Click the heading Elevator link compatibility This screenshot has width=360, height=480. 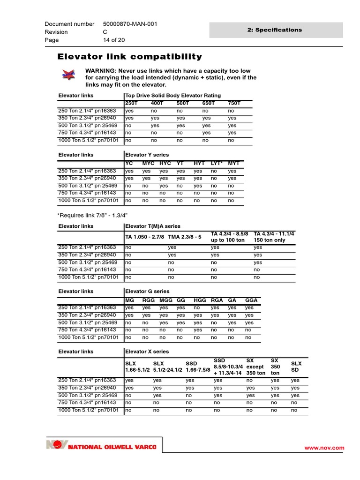click(129, 57)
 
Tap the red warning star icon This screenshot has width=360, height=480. click(68, 74)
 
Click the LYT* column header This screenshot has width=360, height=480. click(216, 163)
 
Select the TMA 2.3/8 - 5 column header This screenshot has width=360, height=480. click(185, 237)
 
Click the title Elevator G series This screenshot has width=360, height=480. click(147, 292)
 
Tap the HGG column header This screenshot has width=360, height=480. click(200, 300)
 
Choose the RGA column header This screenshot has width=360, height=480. click(217, 300)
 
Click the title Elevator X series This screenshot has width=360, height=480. click(147, 352)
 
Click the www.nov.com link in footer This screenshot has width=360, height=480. click(331, 448)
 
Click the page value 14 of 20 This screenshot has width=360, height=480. click(117, 40)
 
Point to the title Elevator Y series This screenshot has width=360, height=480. click(147, 155)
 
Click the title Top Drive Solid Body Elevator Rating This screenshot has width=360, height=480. click(173, 95)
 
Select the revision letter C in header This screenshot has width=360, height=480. click(105, 32)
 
